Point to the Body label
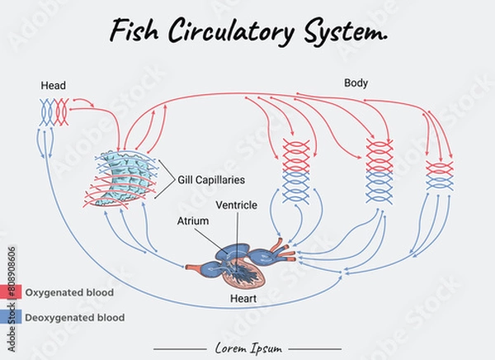point(356,83)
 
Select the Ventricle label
point(236,205)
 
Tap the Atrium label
point(193,221)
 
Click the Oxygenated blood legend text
point(69,292)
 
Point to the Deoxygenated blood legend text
point(75,317)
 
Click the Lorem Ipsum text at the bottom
point(247,348)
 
